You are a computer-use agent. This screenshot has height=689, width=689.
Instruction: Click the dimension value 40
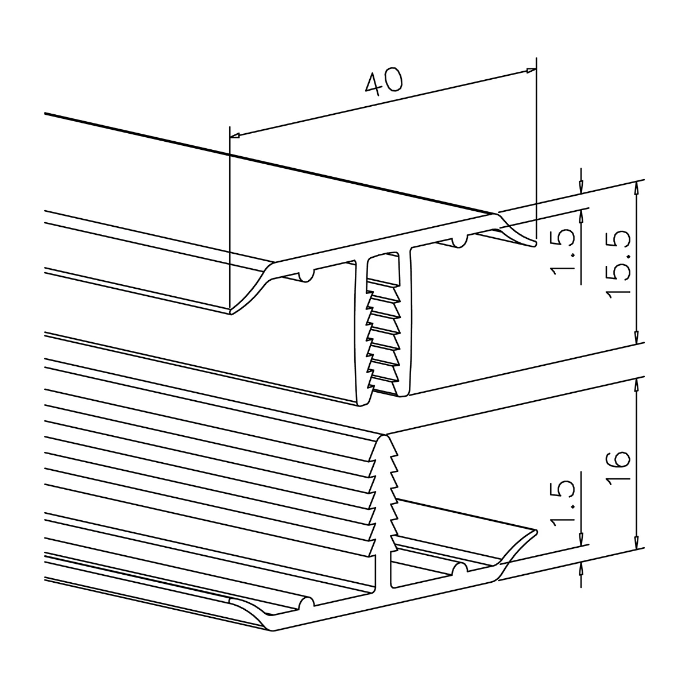[x=384, y=82]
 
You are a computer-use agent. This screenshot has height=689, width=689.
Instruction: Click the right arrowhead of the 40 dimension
[x=531, y=71]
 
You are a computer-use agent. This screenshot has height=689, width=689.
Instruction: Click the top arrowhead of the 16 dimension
[x=636, y=382]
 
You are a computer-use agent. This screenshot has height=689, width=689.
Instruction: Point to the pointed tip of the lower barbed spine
[x=384, y=436]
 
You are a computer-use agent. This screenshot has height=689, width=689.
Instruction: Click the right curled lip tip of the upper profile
[x=535, y=244]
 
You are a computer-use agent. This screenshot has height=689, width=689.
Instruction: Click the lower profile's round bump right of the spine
[x=459, y=569]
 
